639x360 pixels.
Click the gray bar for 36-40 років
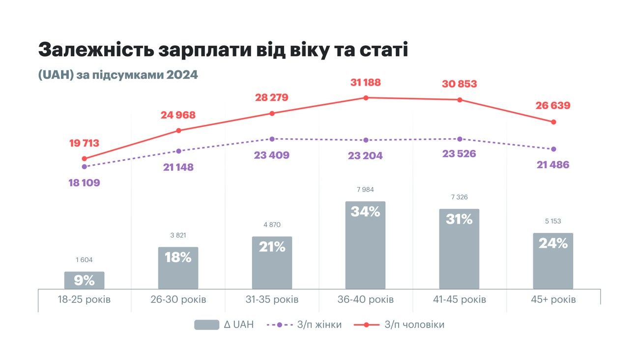[365, 246]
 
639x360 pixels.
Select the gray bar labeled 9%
[84, 280]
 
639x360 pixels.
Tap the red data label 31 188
[366, 82]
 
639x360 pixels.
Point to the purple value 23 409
[272, 155]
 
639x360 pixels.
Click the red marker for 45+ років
[553, 122]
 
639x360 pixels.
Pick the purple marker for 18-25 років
[84, 167]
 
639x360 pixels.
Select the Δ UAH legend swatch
[206, 325]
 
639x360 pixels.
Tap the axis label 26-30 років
[178, 300]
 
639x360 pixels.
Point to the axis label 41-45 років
[459, 300]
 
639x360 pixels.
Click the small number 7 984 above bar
[365, 189]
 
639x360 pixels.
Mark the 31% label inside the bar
[459, 219]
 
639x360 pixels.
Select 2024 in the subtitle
[182, 75]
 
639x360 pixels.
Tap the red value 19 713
[84, 143]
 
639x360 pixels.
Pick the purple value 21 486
[553, 165]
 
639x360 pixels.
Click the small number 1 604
[84, 260]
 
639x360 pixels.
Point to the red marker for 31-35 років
[272, 114]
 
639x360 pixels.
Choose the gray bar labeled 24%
[553, 261]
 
